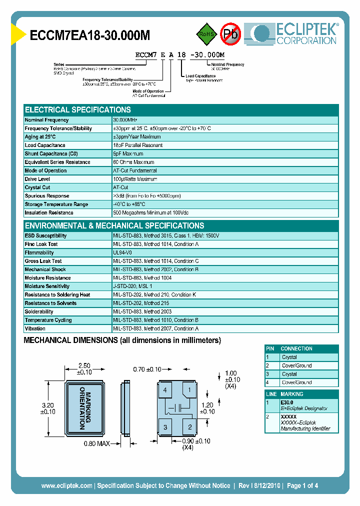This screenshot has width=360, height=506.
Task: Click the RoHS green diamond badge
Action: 206,34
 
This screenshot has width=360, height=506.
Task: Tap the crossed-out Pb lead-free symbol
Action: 230,34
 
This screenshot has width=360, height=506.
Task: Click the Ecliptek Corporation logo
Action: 295,34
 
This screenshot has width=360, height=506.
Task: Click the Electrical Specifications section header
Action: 78,110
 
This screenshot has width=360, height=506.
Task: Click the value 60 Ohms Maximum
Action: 133,162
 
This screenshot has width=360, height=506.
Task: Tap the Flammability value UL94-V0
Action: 122,253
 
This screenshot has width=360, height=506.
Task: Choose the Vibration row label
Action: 35,328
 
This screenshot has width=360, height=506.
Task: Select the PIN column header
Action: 270,348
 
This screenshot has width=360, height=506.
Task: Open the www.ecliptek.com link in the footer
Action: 66,485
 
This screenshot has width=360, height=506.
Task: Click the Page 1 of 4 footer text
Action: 300,485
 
